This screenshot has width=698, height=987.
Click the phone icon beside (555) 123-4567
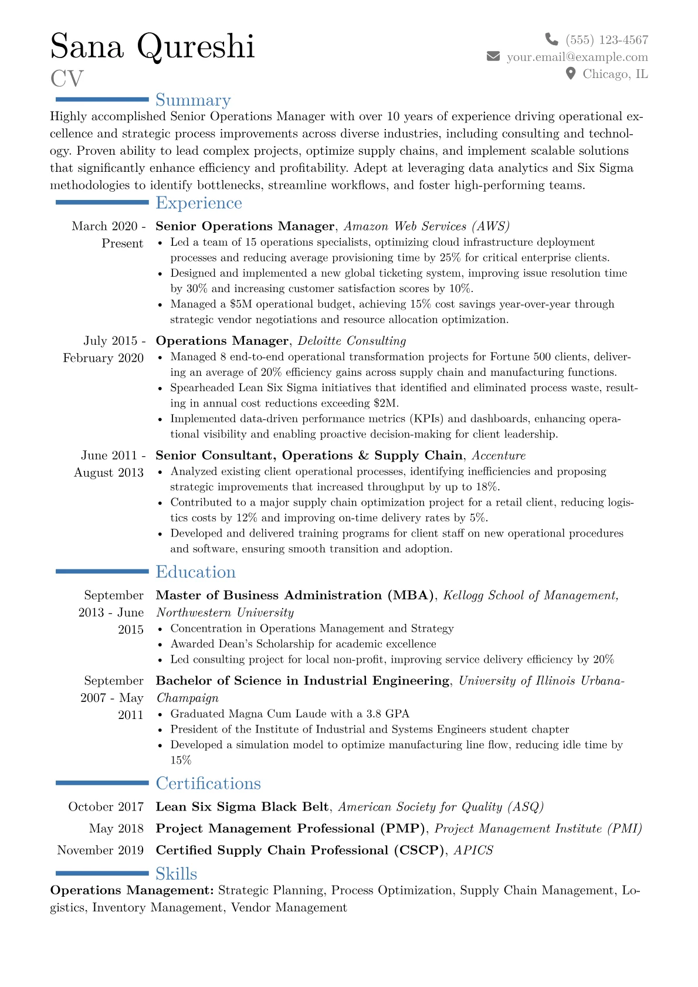[551, 39]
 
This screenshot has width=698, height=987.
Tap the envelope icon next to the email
[493, 56]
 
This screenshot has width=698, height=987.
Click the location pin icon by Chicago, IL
[570, 73]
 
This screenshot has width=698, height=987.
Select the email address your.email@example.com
[577, 57]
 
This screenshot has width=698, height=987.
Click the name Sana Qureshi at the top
[153, 46]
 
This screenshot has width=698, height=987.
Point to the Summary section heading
[193, 100]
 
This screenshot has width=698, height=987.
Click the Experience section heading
[198, 203]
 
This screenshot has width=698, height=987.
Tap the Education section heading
[195, 572]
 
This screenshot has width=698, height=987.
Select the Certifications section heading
[208, 784]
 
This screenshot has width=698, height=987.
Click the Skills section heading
[176, 874]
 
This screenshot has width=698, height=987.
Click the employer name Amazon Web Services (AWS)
[426, 226]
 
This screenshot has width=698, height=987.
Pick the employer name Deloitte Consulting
[352, 341]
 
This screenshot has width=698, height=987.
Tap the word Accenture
[499, 456]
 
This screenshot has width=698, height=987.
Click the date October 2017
[106, 807]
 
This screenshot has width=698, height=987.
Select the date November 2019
[100, 850]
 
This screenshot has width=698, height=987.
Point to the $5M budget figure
[240, 304]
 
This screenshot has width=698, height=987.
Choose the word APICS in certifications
[473, 850]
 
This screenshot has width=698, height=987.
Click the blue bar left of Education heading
[102, 571]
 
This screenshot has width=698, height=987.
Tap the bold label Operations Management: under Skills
[132, 890]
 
